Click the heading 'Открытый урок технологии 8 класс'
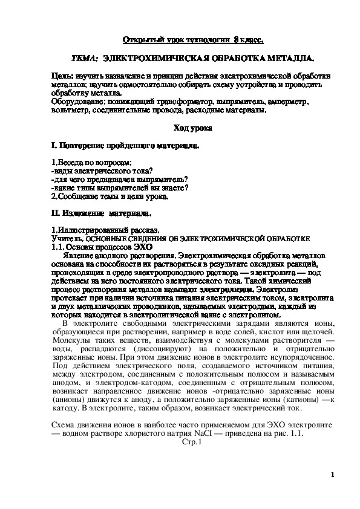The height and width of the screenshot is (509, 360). click(x=193, y=39)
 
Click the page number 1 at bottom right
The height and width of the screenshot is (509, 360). click(x=332, y=475)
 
